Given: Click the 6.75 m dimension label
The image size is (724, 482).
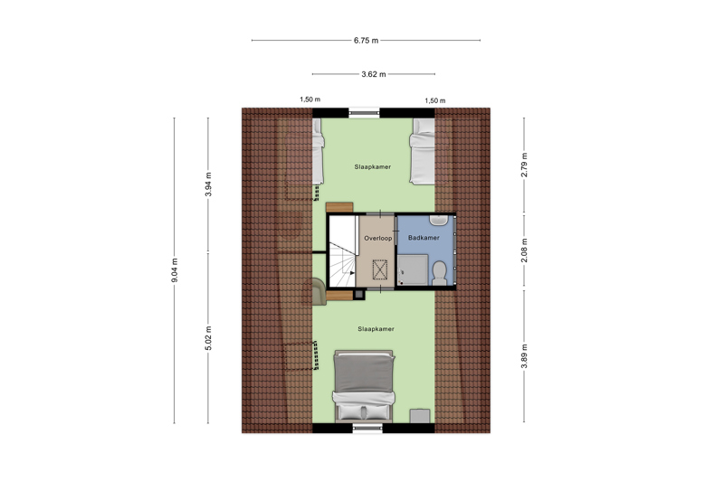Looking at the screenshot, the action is pos(367,41).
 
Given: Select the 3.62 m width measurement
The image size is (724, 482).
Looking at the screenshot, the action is pos(374,74).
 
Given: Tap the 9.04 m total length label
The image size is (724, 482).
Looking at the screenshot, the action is pos(175,270).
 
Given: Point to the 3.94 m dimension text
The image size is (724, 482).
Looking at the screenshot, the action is pos(208,184).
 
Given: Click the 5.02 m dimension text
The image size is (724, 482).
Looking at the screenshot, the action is pos(208,338).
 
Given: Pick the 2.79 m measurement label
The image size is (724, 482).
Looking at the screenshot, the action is pos(524,165).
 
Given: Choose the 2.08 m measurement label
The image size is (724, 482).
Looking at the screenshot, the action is pos(524,250).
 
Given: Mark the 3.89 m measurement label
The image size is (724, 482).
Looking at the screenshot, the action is pos(524,356).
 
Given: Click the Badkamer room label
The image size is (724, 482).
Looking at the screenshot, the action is pos(424,238).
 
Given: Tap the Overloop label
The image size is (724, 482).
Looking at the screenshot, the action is pos(378,239).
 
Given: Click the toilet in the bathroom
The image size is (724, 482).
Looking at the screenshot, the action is pos(439,273).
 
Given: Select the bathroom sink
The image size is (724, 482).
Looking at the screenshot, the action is pos(439,220).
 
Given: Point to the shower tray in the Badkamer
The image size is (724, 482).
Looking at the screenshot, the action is pos(413,269).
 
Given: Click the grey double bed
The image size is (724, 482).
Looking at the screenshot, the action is pos(365,385).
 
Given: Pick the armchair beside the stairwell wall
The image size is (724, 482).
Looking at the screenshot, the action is pos(319,291).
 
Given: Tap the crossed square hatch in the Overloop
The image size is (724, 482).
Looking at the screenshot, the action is pos(380,269).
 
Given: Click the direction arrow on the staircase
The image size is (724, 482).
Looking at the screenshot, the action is pos(351,272).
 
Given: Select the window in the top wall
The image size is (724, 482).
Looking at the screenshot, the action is pos(364,112).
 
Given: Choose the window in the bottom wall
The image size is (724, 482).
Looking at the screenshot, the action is pos(367,429).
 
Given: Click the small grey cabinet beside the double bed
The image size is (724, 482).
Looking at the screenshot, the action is pos(420,416).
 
